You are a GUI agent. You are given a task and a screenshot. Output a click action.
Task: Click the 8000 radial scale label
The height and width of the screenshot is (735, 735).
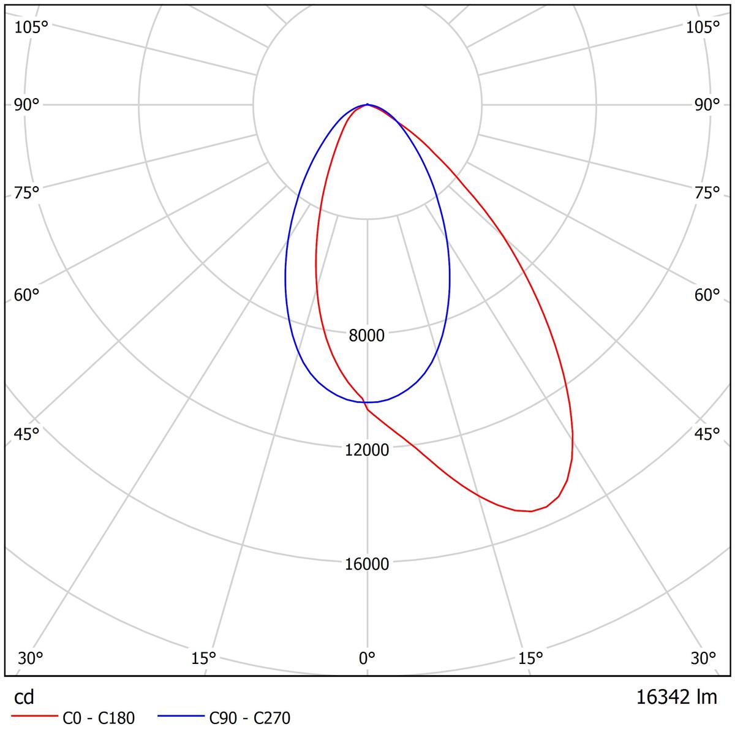(367, 336)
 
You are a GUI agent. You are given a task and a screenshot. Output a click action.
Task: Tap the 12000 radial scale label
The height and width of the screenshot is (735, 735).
(367, 450)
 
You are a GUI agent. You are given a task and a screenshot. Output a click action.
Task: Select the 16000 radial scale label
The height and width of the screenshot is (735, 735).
(367, 564)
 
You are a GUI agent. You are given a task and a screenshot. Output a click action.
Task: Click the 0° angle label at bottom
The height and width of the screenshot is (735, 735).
(367, 658)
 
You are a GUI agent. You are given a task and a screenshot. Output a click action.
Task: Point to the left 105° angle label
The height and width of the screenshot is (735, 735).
(31, 27)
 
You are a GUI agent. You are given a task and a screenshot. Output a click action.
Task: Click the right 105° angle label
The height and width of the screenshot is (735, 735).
(703, 27)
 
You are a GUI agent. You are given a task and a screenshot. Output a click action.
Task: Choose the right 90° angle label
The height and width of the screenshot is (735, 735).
(707, 105)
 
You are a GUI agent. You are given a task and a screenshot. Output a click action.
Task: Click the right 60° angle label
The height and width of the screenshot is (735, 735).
(707, 295)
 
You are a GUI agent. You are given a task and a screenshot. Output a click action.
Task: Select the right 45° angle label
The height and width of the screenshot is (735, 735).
(707, 434)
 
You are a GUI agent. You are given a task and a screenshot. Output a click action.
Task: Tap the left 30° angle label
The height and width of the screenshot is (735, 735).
(31, 658)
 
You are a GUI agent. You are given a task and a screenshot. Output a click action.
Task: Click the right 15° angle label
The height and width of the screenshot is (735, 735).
(530, 658)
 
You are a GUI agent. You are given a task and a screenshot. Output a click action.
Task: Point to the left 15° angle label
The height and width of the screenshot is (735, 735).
(204, 658)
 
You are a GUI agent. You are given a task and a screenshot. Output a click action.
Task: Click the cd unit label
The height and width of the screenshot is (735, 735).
(24, 697)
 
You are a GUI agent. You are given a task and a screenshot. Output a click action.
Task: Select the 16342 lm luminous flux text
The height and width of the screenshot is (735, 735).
(676, 697)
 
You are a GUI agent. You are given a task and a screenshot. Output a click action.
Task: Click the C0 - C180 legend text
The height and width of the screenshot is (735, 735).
(99, 718)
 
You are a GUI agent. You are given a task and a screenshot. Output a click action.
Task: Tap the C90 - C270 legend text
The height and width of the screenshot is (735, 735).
(250, 718)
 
